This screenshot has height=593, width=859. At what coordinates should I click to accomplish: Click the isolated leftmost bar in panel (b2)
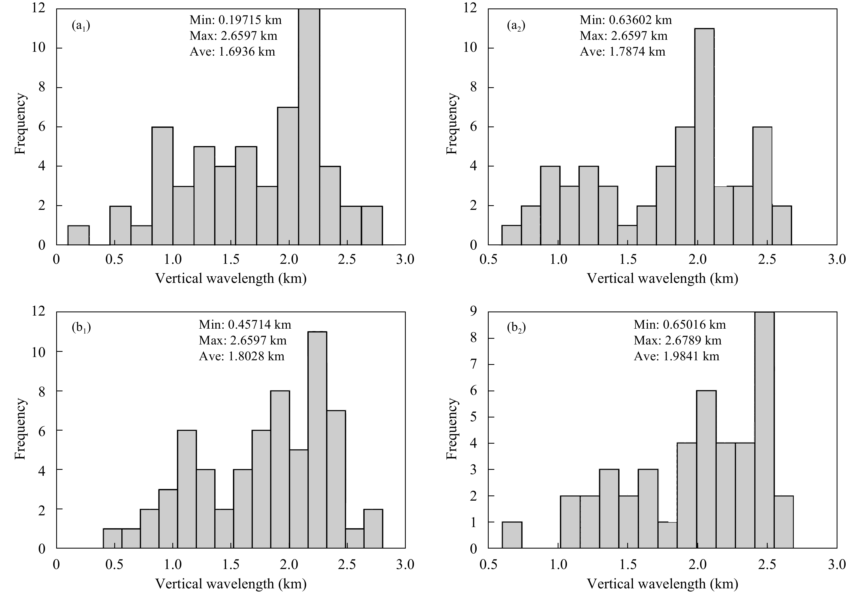tap(512, 535)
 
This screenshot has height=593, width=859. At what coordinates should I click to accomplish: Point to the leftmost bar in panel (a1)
tap(79, 235)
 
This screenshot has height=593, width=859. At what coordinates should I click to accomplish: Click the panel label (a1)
tap(81, 26)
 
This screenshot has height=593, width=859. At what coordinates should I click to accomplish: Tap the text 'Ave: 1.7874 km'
tap(622, 52)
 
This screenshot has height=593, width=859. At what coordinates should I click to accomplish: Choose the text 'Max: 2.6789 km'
tap(677, 340)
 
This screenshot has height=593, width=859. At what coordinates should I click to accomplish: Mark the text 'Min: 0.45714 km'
tap(245, 325)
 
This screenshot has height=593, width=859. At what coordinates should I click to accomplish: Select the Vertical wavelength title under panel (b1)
tap(231, 584)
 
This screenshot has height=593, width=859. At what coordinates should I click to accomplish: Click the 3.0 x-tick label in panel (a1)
tap(405, 259)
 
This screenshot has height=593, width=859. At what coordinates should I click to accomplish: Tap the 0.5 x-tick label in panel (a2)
tap(488, 259)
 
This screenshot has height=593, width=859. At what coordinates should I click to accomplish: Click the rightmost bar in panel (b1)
tap(373, 528)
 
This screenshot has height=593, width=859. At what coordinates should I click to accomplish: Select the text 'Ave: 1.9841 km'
tap(676, 356)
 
